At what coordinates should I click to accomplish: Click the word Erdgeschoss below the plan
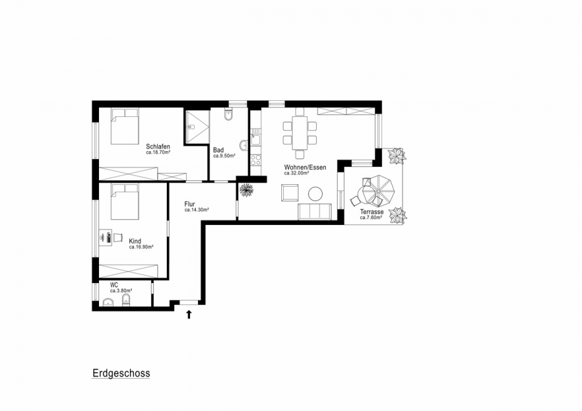point(121,374)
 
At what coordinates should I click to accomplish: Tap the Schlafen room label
point(158,147)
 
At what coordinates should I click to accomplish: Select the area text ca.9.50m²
point(224,156)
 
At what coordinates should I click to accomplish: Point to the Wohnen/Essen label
point(305,167)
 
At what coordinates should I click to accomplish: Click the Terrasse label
point(372,212)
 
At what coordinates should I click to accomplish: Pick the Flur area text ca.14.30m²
point(195,210)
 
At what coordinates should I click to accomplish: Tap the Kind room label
point(135,241)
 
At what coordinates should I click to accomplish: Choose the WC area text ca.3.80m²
point(121,291)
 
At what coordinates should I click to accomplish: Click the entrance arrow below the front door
point(189,315)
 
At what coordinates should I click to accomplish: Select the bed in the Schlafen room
point(125,126)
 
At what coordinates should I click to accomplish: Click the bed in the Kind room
point(124,202)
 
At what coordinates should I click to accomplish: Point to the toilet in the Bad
point(228,116)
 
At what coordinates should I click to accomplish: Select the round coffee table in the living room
point(316,193)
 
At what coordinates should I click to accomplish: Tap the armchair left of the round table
point(289,193)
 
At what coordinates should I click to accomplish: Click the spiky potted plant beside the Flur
point(246,189)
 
